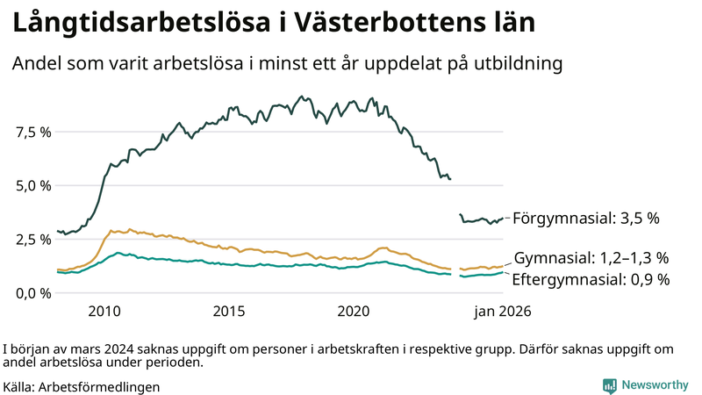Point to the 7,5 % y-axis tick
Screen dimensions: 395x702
click(x=33, y=132)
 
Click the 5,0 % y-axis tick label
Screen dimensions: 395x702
click(x=33, y=185)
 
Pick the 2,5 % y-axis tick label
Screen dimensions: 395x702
click(x=33, y=239)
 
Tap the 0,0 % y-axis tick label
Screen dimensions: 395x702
click(x=33, y=292)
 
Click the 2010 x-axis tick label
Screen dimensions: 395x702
click(x=104, y=312)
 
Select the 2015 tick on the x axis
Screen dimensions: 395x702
click(x=229, y=312)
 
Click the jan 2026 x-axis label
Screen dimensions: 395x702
click(x=503, y=312)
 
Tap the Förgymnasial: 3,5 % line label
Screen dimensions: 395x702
click(x=585, y=217)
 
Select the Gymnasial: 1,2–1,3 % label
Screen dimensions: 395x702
click(x=591, y=258)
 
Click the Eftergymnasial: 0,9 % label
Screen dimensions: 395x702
click(x=591, y=280)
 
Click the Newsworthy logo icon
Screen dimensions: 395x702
click(x=609, y=385)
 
